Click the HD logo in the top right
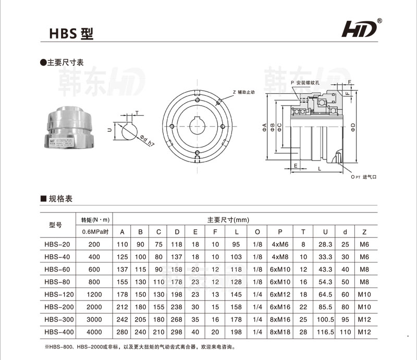359,30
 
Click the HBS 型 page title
71,34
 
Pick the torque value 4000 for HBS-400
94,331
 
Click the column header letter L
237,231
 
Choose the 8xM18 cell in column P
280,331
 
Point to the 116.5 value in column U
325,331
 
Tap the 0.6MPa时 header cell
94,231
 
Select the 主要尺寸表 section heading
64,63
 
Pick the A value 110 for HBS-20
122,244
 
